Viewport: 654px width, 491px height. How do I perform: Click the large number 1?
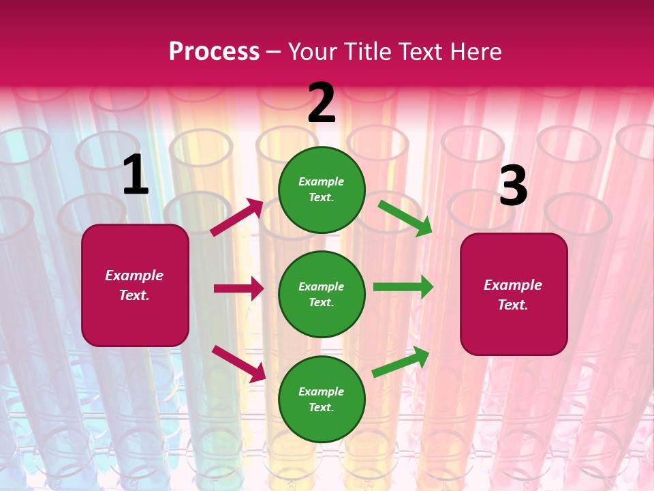(x=136, y=175)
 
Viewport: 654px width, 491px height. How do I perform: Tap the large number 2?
(x=322, y=103)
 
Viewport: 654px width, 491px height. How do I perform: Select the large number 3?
(x=513, y=185)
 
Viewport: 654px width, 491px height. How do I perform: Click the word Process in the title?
(x=214, y=51)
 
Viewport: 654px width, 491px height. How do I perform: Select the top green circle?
(x=322, y=190)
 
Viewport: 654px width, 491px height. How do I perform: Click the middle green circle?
(x=322, y=294)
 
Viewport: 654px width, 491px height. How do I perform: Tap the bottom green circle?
(x=322, y=399)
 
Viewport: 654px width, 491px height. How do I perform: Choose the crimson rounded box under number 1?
(x=135, y=285)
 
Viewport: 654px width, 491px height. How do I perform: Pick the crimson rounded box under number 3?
(x=513, y=295)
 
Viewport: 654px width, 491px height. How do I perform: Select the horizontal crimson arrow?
(x=238, y=288)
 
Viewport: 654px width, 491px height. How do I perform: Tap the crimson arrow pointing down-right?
(x=238, y=363)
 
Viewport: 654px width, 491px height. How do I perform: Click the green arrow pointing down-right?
(x=405, y=218)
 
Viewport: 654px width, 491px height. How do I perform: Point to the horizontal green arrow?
(x=403, y=286)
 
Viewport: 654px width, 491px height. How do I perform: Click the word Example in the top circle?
(x=322, y=181)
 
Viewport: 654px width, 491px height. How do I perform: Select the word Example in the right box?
(x=513, y=285)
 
